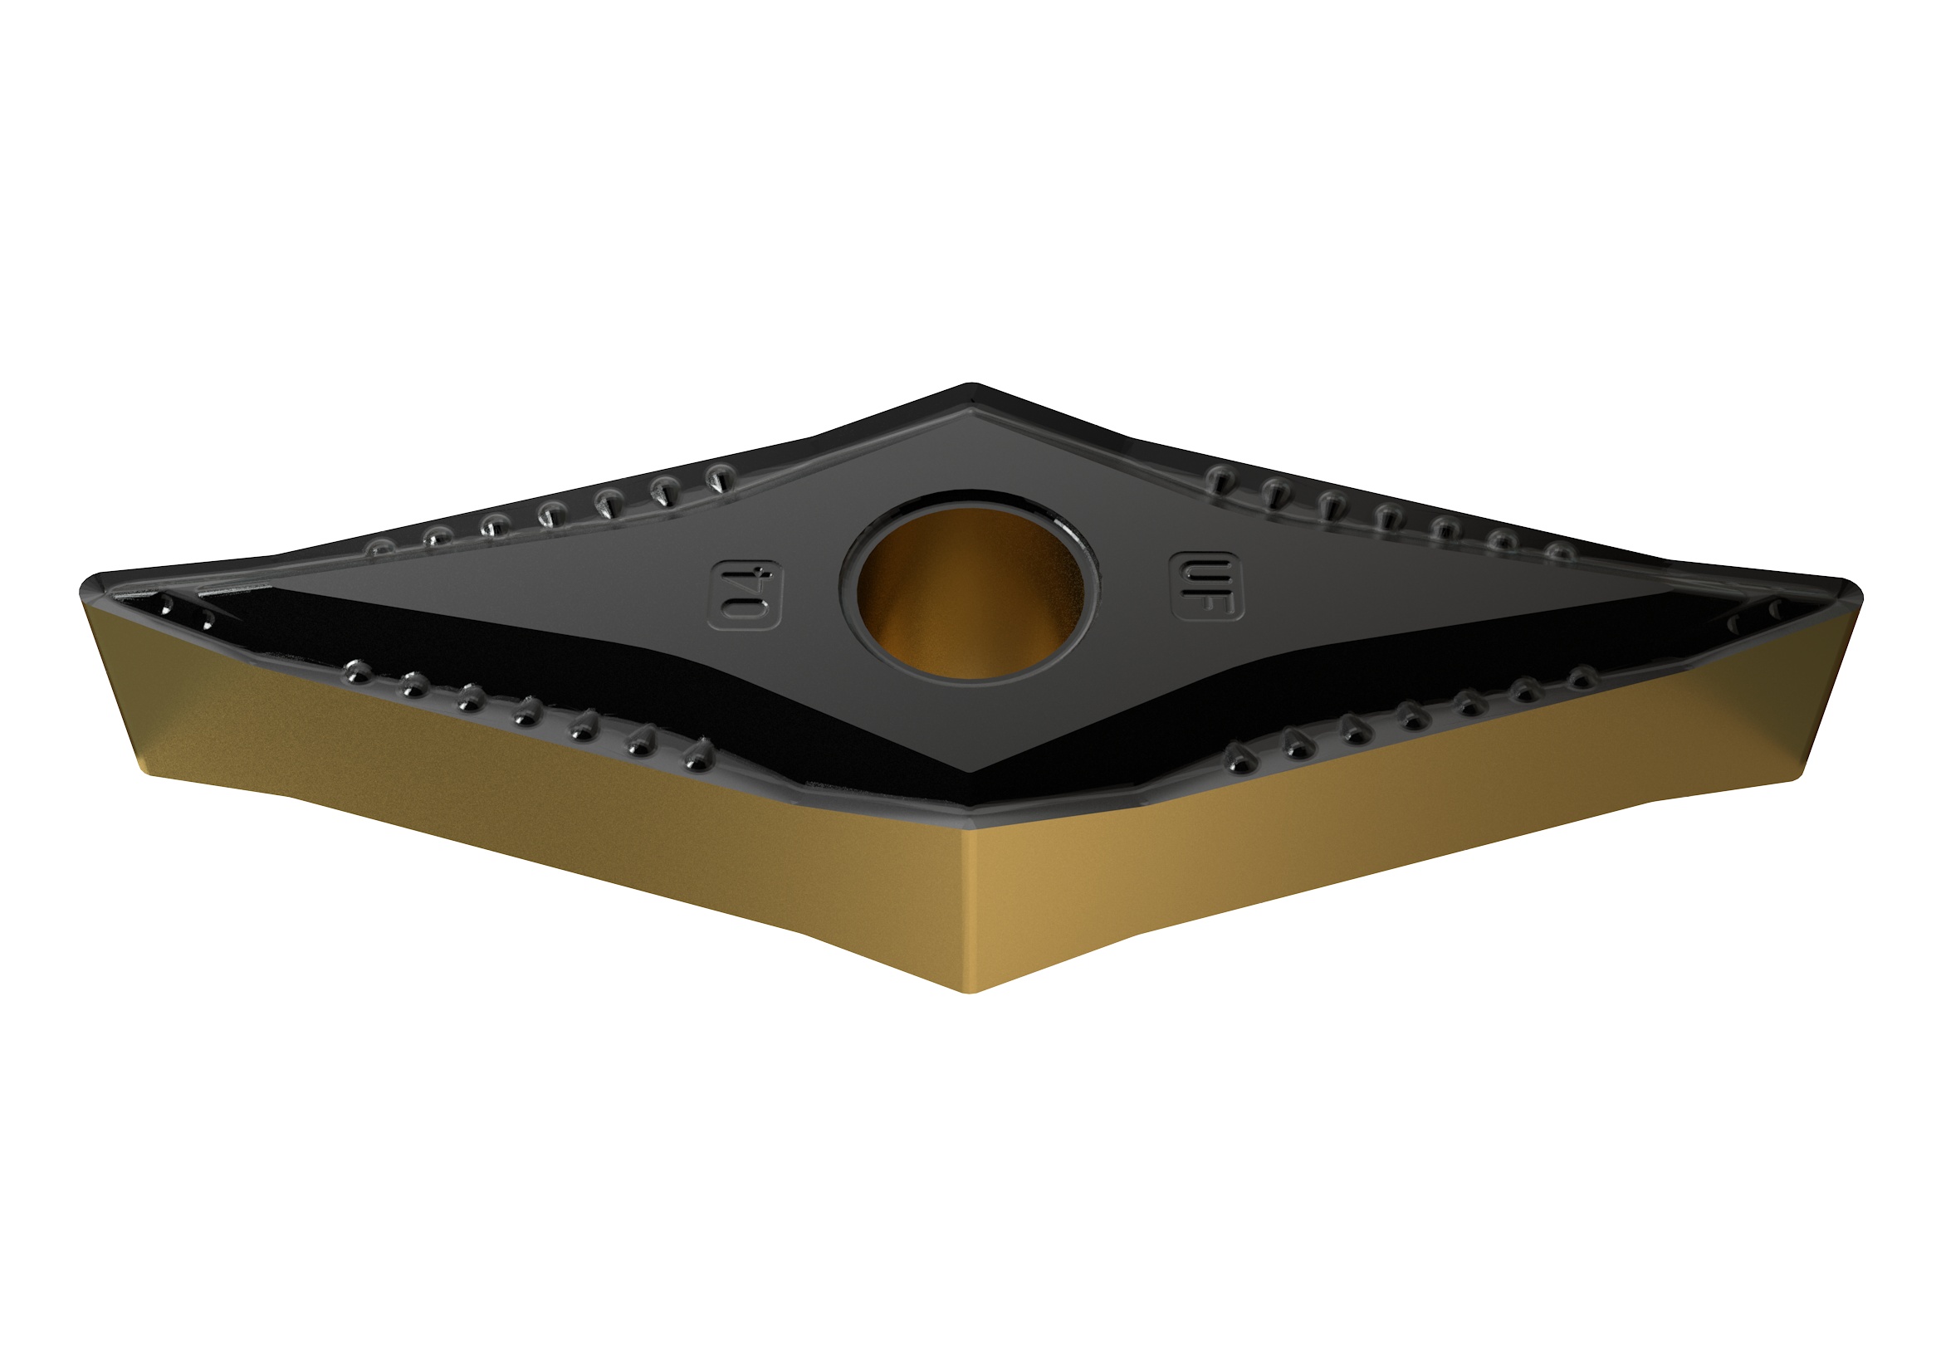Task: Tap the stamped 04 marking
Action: pos(746,594)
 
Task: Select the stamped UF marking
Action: pos(1205,586)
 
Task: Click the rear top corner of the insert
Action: pos(972,388)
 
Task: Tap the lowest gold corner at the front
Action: pos(972,990)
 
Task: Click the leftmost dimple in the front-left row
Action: pos(357,671)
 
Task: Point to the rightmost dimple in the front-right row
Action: pos(1582,676)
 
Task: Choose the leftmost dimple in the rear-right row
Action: pos(1218,477)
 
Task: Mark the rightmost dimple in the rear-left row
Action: pos(719,477)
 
